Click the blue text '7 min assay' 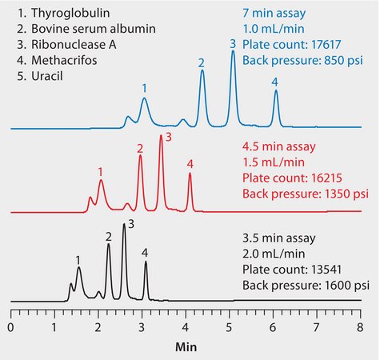[275, 14]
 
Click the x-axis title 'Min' [186, 349]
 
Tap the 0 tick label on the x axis [10, 328]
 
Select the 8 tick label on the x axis [361, 328]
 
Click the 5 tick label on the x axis [230, 328]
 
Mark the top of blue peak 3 [233, 52]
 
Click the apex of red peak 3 [161, 136]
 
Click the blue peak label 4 [274, 82]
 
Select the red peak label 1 [100, 171]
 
